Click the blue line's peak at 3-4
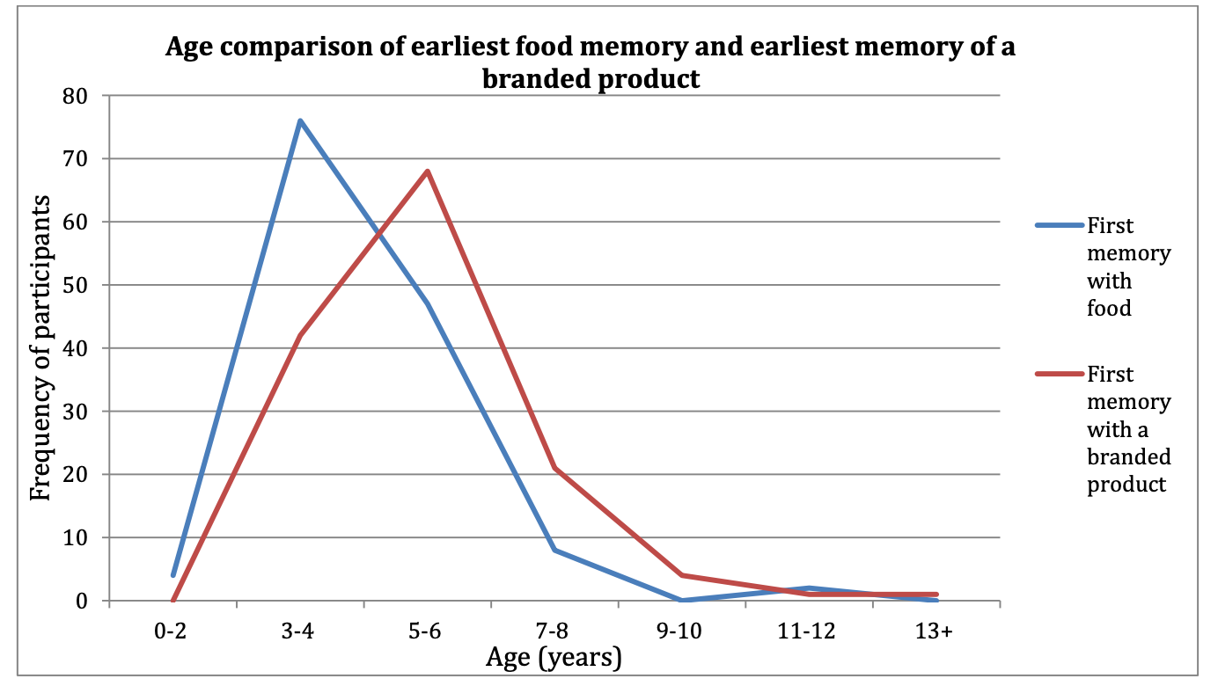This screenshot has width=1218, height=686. click(x=300, y=120)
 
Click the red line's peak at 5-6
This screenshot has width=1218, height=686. click(x=428, y=171)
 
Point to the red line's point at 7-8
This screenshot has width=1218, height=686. click(x=554, y=468)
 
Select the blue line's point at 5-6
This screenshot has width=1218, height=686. click(x=428, y=303)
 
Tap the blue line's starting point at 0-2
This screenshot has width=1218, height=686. click(x=173, y=575)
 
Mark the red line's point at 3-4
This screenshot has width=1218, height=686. click(x=300, y=335)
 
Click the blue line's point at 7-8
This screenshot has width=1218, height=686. click(x=554, y=550)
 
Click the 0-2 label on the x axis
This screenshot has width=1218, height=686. click(x=173, y=631)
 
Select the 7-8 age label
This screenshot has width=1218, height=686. click(x=554, y=631)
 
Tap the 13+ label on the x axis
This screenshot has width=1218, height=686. click(x=936, y=631)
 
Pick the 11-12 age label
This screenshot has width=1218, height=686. click(x=808, y=631)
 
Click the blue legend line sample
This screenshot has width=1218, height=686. click(x=1058, y=225)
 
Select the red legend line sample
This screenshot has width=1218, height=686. click(x=1058, y=374)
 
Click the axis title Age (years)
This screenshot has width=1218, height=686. click(x=554, y=658)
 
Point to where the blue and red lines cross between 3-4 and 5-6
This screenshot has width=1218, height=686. click(x=380, y=232)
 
